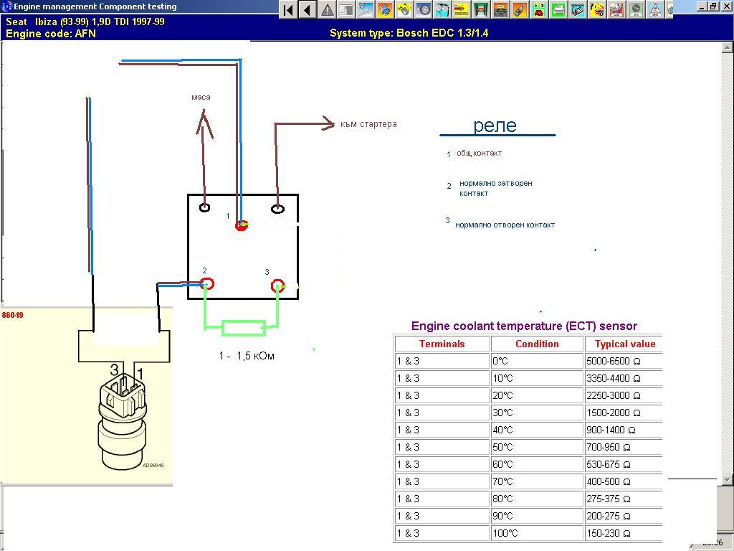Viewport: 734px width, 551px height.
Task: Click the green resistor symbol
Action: [x=244, y=329]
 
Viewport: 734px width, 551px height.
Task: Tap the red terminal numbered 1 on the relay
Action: [x=242, y=225]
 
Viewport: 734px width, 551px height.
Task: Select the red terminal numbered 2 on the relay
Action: [x=208, y=284]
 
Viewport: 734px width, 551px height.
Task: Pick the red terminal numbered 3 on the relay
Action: [x=278, y=286]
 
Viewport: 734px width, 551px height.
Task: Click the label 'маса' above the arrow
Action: [x=201, y=97]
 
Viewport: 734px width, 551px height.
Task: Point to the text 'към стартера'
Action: [x=368, y=124]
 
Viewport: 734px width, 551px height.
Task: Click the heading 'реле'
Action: [x=495, y=126]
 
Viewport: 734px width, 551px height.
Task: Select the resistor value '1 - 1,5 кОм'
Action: [x=247, y=356]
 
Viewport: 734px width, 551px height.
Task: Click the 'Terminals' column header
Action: [x=442, y=344]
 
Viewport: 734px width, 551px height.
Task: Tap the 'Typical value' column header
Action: [x=624, y=344]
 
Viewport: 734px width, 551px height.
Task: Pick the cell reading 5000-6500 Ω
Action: [x=613, y=361]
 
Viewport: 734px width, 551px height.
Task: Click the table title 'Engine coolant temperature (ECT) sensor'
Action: [x=524, y=326]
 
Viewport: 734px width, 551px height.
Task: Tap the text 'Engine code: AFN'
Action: [x=51, y=33]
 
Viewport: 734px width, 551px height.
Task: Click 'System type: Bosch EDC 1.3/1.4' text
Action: [x=409, y=33]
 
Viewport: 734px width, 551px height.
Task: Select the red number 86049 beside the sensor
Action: [x=12, y=315]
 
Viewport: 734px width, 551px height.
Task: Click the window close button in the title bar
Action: [x=726, y=6]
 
